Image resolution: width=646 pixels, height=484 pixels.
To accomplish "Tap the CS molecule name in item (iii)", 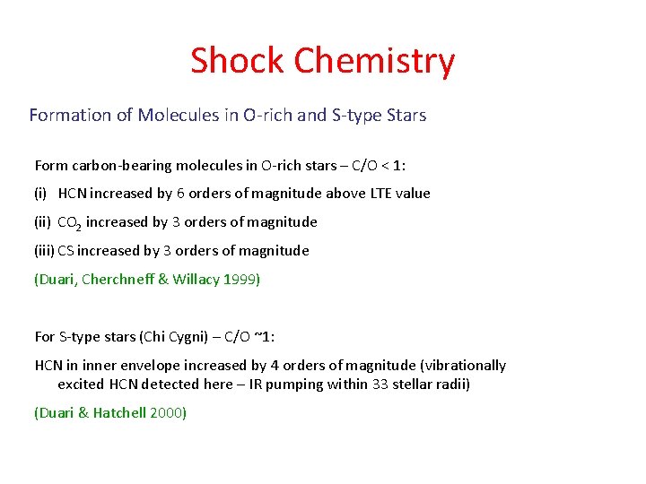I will pos(67,251).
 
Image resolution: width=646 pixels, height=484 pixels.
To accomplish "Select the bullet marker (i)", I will pos(41,194).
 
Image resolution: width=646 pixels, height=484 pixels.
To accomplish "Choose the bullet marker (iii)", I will pos(45,251).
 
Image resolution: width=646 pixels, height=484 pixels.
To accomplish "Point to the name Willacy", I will pos(196,280).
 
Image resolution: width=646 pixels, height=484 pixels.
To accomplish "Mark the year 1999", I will pos(240,280).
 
